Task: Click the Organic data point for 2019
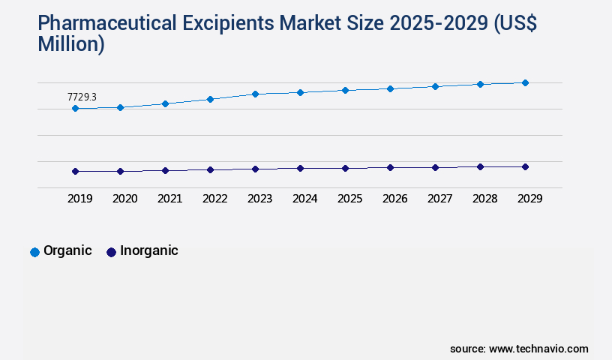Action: tap(75, 109)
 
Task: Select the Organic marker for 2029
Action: tap(525, 82)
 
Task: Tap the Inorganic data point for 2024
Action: tap(300, 169)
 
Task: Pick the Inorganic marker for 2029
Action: tap(525, 166)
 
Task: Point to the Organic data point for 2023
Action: tap(255, 94)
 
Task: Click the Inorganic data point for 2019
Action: tap(75, 171)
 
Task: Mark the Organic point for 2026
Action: tap(390, 88)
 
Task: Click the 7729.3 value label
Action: tap(82, 97)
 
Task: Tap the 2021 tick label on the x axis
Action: tap(169, 199)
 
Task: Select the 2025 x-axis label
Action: tap(349, 199)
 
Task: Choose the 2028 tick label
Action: tap(484, 199)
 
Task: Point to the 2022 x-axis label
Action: tap(214, 199)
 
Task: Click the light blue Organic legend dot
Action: tap(34, 252)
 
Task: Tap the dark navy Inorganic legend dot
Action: tap(111, 252)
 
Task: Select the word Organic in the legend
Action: tap(67, 250)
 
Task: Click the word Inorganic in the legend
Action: tap(148, 250)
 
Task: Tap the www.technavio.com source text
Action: tap(538, 349)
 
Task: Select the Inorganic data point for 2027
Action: tap(435, 167)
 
